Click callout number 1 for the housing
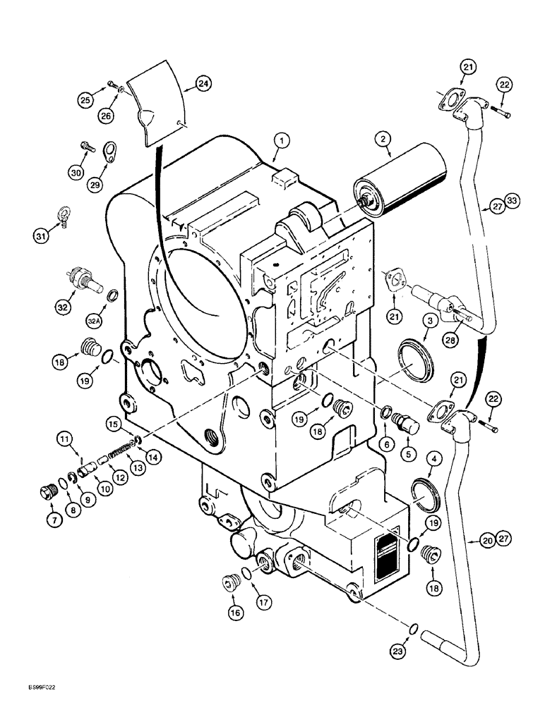coord(281,142)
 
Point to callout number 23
coord(399,652)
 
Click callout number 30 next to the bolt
coord(76,172)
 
